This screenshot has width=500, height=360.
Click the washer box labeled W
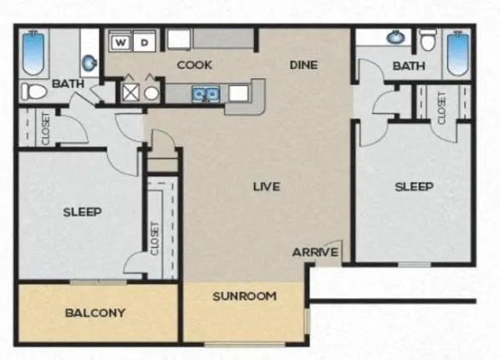pyautogui.click(x=121, y=42)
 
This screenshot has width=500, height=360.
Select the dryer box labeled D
pyautogui.click(x=146, y=42)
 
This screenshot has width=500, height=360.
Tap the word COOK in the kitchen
pyautogui.click(x=194, y=65)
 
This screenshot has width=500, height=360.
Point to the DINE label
pyautogui.click(x=303, y=65)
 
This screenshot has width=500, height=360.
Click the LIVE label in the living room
pyautogui.click(x=267, y=186)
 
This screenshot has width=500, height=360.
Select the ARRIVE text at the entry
pyautogui.click(x=315, y=252)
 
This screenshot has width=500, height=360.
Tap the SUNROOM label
pyautogui.click(x=244, y=296)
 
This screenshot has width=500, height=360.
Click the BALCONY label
pyautogui.click(x=95, y=312)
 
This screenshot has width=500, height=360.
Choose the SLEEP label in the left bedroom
pyautogui.click(x=83, y=212)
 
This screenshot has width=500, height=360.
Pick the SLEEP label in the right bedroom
pyautogui.click(x=414, y=186)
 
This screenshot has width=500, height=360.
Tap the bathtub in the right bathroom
pyautogui.click(x=458, y=53)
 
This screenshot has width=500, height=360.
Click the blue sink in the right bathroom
pyautogui.click(x=395, y=37)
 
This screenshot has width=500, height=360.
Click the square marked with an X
pyautogui.click(x=130, y=92)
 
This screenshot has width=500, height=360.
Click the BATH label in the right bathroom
pyautogui.click(x=409, y=66)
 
